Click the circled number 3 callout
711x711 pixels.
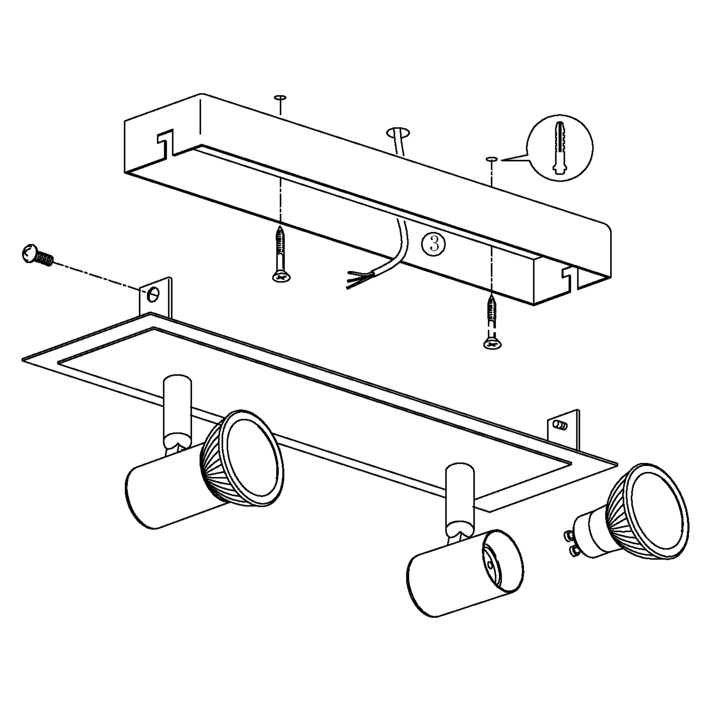pos(433,244)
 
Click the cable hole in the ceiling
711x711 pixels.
pos(398,132)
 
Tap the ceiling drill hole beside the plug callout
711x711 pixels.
pos(492,159)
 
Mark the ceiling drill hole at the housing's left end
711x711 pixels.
pos(280,98)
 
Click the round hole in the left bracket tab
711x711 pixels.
pos(153,294)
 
